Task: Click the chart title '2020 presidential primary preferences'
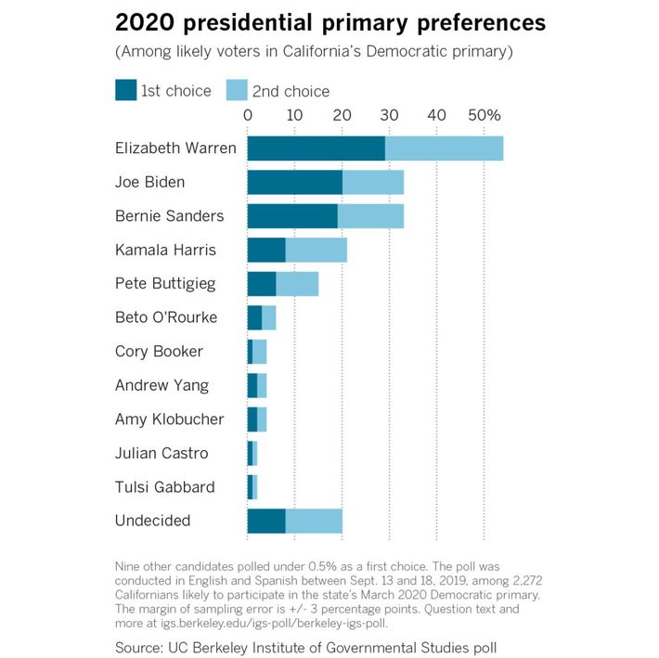pyautogui.click(x=330, y=21)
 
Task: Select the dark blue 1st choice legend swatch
pyautogui.click(x=125, y=90)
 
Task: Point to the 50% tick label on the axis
pyautogui.click(x=484, y=115)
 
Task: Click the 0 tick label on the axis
pyautogui.click(x=247, y=115)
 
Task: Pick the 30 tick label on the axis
pyautogui.click(x=389, y=115)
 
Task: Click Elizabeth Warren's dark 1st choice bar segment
pyautogui.click(x=316, y=148)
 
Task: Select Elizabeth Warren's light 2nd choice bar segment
pyautogui.click(x=444, y=148)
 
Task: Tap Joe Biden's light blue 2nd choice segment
pyautogui.click(x=372, y=182)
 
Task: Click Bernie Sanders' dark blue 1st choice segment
pyautogui.click(x=291, y=216)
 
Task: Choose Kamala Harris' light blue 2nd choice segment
pyautogui.click(x=316, y=250)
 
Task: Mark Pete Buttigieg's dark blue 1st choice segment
pyautogui.click(x=261, y=284)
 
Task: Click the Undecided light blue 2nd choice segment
pyautogui.click(x=314, y=521)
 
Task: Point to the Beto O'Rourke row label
pyautogui.click(x=166, y=317)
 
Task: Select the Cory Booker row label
pyautogui.click(x=159, y=352)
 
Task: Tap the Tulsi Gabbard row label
pyautogui.click(x=165, y=487)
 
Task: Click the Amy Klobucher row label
pyautogui.click(x=169, y=419)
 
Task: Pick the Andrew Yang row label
pyautogui.click(x=162, y=385)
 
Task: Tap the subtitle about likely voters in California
pyautogui.click(x=314, y=50)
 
